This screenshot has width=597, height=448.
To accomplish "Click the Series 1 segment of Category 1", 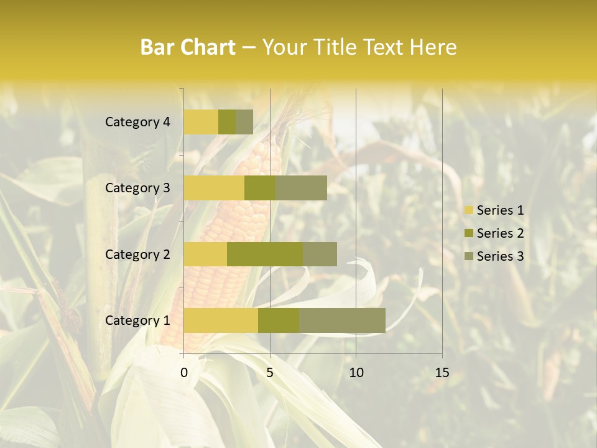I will click(x=221, y=320).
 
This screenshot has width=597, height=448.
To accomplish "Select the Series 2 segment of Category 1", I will click(x=279, y=320).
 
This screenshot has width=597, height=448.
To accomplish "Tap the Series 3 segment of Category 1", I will click(x=342, y=320).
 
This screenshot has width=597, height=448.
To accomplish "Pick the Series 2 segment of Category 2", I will click(x=265, y=254).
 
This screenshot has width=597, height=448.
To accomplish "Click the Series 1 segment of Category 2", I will click(x=205, y=254).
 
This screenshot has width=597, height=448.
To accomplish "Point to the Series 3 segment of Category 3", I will click(x=301, y=188).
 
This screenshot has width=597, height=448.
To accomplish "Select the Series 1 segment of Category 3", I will click(x=214, y=188).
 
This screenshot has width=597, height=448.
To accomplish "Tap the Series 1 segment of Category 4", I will click(x=201, y=122).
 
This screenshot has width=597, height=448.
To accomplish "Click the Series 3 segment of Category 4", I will click(x=244, y=122).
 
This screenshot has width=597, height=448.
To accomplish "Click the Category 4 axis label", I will click(x=137, y=122).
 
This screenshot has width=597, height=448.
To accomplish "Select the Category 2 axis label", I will click(x=137, y=254).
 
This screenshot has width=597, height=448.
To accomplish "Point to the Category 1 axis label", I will click(x=137, y=320).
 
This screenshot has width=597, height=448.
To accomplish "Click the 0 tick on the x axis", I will click(x=184, y=373).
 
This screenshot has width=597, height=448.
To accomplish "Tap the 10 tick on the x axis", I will click(x=356, y=373).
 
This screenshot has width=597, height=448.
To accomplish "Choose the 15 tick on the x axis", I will click(x=442, y=373).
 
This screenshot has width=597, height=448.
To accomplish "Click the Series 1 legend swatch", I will click(x=468, y=210).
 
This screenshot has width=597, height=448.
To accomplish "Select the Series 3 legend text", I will click(x=500, y=256).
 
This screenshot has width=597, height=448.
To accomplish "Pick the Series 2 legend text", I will click(x=500, y=233).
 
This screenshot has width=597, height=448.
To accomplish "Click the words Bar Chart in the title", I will click(x=188, y=47).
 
